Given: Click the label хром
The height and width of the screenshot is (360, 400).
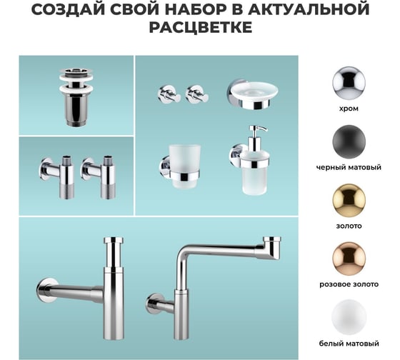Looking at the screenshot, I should click(350, 109).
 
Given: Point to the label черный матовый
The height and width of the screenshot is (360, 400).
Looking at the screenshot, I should click(350, 168).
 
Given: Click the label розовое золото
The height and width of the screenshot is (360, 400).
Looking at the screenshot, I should click(350, 284).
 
